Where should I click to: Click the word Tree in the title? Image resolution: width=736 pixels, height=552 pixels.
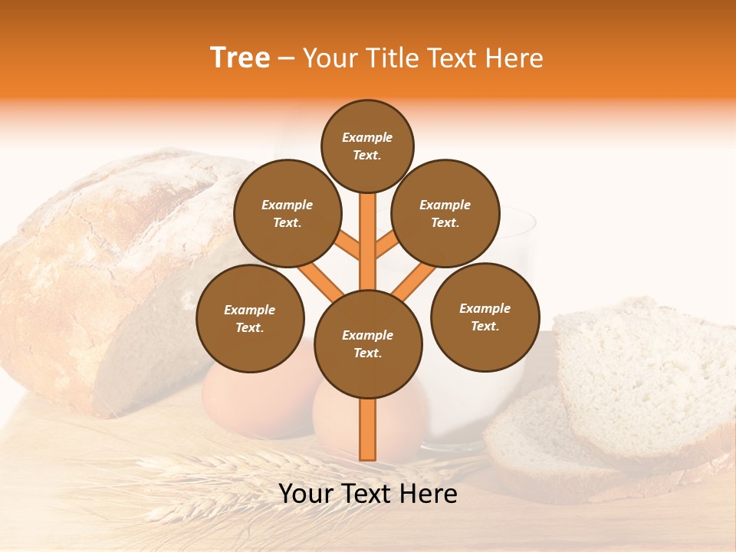tap(240, 58)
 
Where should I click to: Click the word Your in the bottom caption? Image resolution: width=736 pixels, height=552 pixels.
tap(307, 494)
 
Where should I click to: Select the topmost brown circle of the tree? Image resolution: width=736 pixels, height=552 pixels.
tap(367, 146)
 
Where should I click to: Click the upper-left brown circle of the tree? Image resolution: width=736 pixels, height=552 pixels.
tap(287, 214)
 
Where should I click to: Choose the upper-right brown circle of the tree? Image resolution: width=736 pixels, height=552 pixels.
tap(445, 214)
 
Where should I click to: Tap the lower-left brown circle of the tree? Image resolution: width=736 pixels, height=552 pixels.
tap(250, 318)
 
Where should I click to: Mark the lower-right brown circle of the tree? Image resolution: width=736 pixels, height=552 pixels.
tap(485, 317)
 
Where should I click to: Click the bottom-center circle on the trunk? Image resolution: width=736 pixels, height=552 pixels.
tap(368, 344)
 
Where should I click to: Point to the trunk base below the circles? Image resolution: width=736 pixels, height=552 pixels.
tap(368, 429)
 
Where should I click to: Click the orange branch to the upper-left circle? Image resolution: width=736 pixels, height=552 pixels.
tap(347, 246)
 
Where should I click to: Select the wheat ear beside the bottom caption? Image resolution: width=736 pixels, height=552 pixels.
tap(192, 468)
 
